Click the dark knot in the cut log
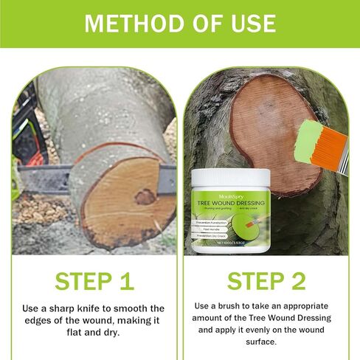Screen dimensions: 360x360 coord(144,197)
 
